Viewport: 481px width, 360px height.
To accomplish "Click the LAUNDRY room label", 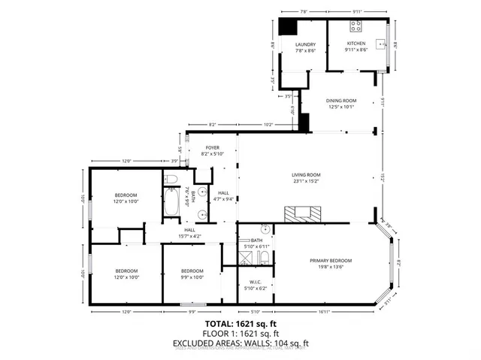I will (x=305, y=45).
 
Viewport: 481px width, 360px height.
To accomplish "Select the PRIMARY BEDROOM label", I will (x=331, y=261).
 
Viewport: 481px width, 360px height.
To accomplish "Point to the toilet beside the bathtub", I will (x=171, y=179).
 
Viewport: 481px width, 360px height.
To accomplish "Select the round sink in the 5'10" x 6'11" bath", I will (x=265, y=229).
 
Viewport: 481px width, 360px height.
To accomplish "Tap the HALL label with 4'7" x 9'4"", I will (x=223, y=195).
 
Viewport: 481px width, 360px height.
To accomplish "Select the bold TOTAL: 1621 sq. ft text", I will (x=240, y=323).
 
